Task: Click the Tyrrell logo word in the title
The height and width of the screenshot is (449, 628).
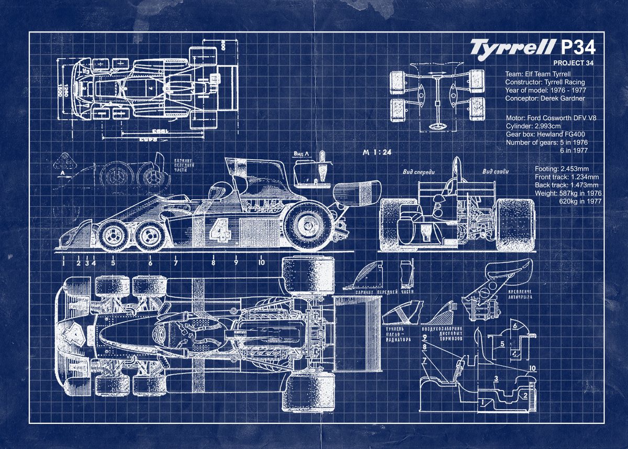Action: point(511,47)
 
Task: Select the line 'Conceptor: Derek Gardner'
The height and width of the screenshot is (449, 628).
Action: point(545,98)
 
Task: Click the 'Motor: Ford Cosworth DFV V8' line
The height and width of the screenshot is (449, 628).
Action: point(551,118)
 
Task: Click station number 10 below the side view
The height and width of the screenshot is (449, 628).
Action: point(261,262)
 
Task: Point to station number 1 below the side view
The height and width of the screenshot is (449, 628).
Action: point(63,262)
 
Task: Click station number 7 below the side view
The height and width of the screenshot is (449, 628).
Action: point(176,262)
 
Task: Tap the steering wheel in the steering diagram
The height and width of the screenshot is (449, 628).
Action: point(436,126)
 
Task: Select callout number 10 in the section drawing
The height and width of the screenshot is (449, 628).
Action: point(532,368)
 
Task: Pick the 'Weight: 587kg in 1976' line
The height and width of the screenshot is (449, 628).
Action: point(568,193)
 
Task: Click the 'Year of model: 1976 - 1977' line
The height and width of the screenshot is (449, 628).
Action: point(545,90)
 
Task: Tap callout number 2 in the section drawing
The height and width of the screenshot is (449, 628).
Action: point(524,396)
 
